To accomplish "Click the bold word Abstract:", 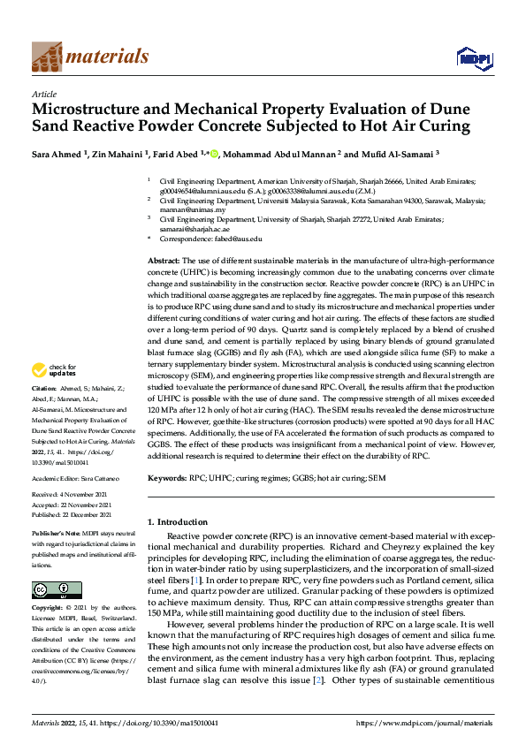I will [163, 262].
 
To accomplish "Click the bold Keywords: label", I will [171, 477].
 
